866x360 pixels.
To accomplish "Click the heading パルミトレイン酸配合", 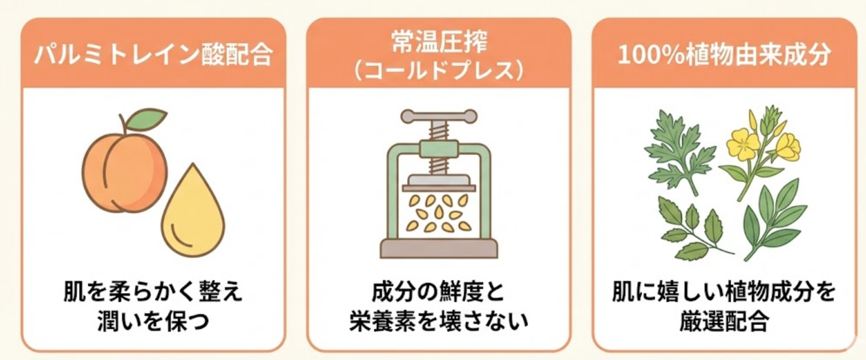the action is tap(153, 55).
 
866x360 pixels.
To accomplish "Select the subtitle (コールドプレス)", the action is tap(439, 70).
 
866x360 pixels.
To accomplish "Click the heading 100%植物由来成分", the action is tap(724, 55).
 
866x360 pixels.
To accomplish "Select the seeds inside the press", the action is tap(439, 213).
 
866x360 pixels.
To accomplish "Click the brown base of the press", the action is tap(439, 248).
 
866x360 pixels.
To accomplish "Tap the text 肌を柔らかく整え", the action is tap(153, 292).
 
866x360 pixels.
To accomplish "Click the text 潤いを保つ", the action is tap(153, 322).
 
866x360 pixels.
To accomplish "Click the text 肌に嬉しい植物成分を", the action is tap(724, 292).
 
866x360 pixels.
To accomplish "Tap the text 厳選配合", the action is tap(724, 322).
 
